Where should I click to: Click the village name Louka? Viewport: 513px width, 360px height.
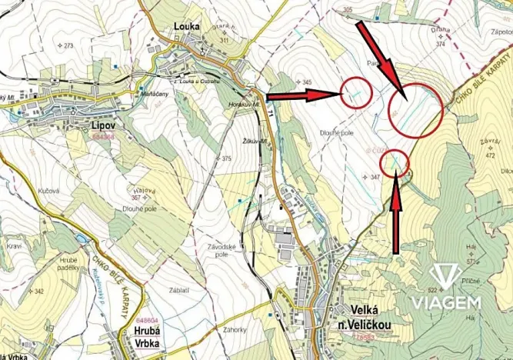click(188, 25)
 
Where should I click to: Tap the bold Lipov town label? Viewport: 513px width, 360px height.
click(102, 123)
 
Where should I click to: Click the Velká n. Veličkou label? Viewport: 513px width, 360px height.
click(370, 315)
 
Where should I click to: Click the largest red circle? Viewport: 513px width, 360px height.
click(415, 110)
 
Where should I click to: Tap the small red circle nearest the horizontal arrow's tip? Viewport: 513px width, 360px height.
click(356, 94)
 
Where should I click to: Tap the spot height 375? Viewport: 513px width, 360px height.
click(226, 158)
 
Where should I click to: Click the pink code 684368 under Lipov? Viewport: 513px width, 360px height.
click(102, 137)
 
